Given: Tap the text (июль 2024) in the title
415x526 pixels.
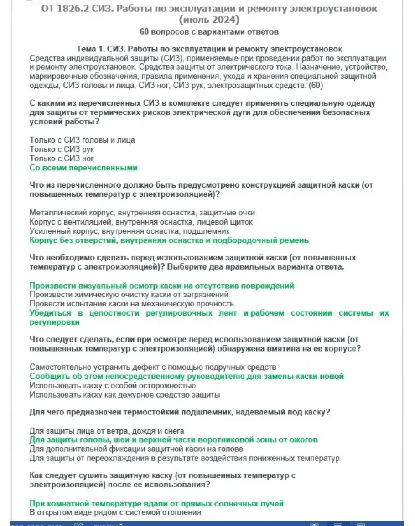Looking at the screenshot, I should [x=209, y=20].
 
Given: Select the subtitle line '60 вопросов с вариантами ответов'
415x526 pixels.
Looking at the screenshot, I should [x=209, y=32].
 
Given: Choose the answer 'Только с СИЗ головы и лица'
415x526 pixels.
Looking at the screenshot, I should [x=82, y=140].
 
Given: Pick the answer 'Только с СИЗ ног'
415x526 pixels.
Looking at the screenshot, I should [x=62, y=158].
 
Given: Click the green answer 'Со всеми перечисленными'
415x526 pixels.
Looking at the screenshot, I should [x=83, y=168].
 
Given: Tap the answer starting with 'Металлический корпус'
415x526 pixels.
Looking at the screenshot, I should [x=142, y=213].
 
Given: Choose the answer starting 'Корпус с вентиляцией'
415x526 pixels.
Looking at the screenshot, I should [x=141, y=222].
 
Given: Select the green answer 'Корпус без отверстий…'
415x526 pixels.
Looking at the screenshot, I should [x=169, y=240].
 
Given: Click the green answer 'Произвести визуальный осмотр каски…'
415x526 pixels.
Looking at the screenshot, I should [x=162, y=286].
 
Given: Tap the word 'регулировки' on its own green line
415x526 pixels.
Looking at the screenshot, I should [x=54, y=322].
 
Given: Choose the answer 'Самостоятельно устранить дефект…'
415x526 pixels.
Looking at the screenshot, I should [x=153, y=367].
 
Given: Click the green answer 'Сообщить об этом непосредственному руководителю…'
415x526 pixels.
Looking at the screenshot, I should [x=187, y=376].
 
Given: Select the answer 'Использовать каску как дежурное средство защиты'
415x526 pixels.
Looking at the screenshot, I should [x=124, y=394].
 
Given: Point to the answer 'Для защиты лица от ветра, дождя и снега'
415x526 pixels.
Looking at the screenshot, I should [x=107, y=431].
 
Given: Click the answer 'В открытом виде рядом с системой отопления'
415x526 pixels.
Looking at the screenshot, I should [x=115, y=512].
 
